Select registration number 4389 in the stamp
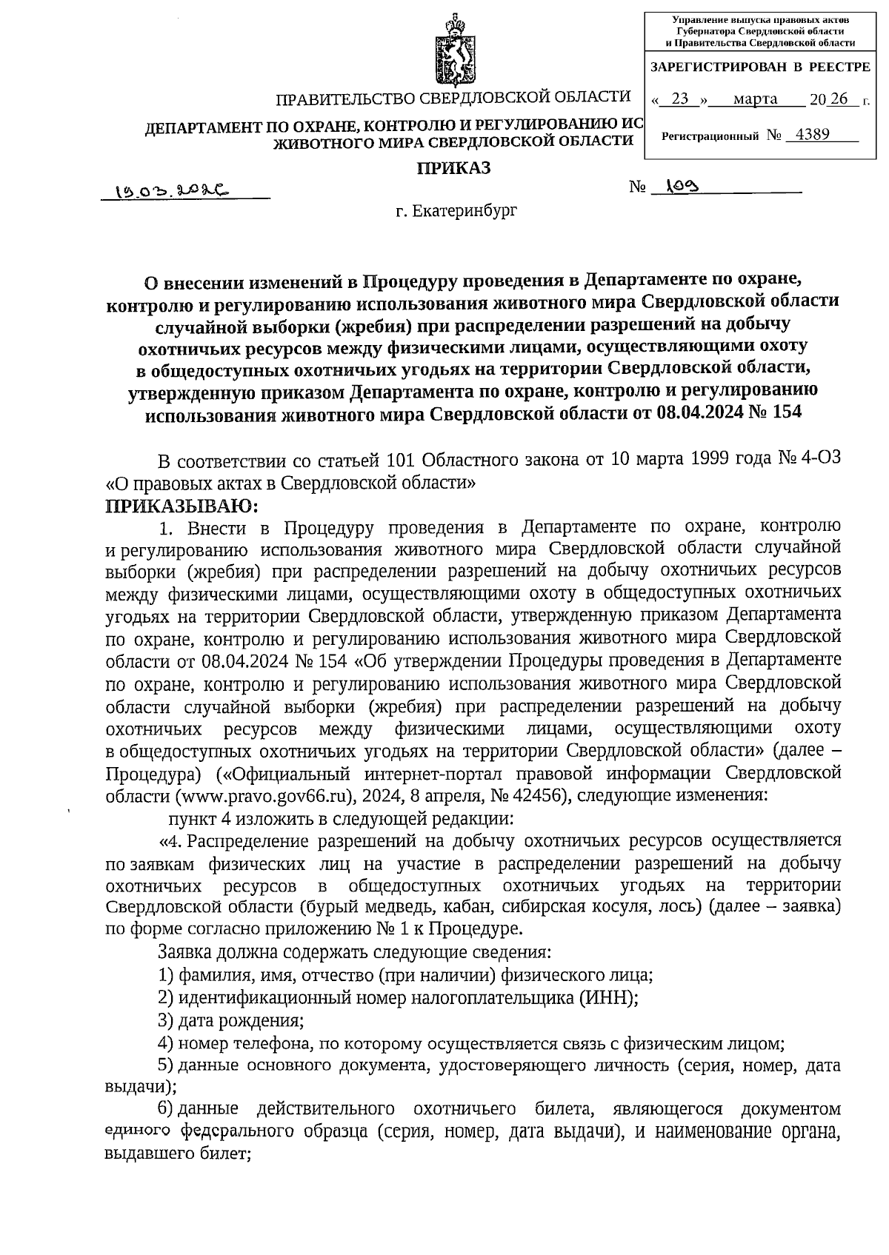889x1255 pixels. click(812, 135)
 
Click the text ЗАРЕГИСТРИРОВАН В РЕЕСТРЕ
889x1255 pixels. click(759, 67)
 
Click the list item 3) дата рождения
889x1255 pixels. click(230, 1021)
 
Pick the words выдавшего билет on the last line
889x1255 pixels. click(178, 1154)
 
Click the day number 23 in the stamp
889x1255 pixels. click(679, 99)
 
